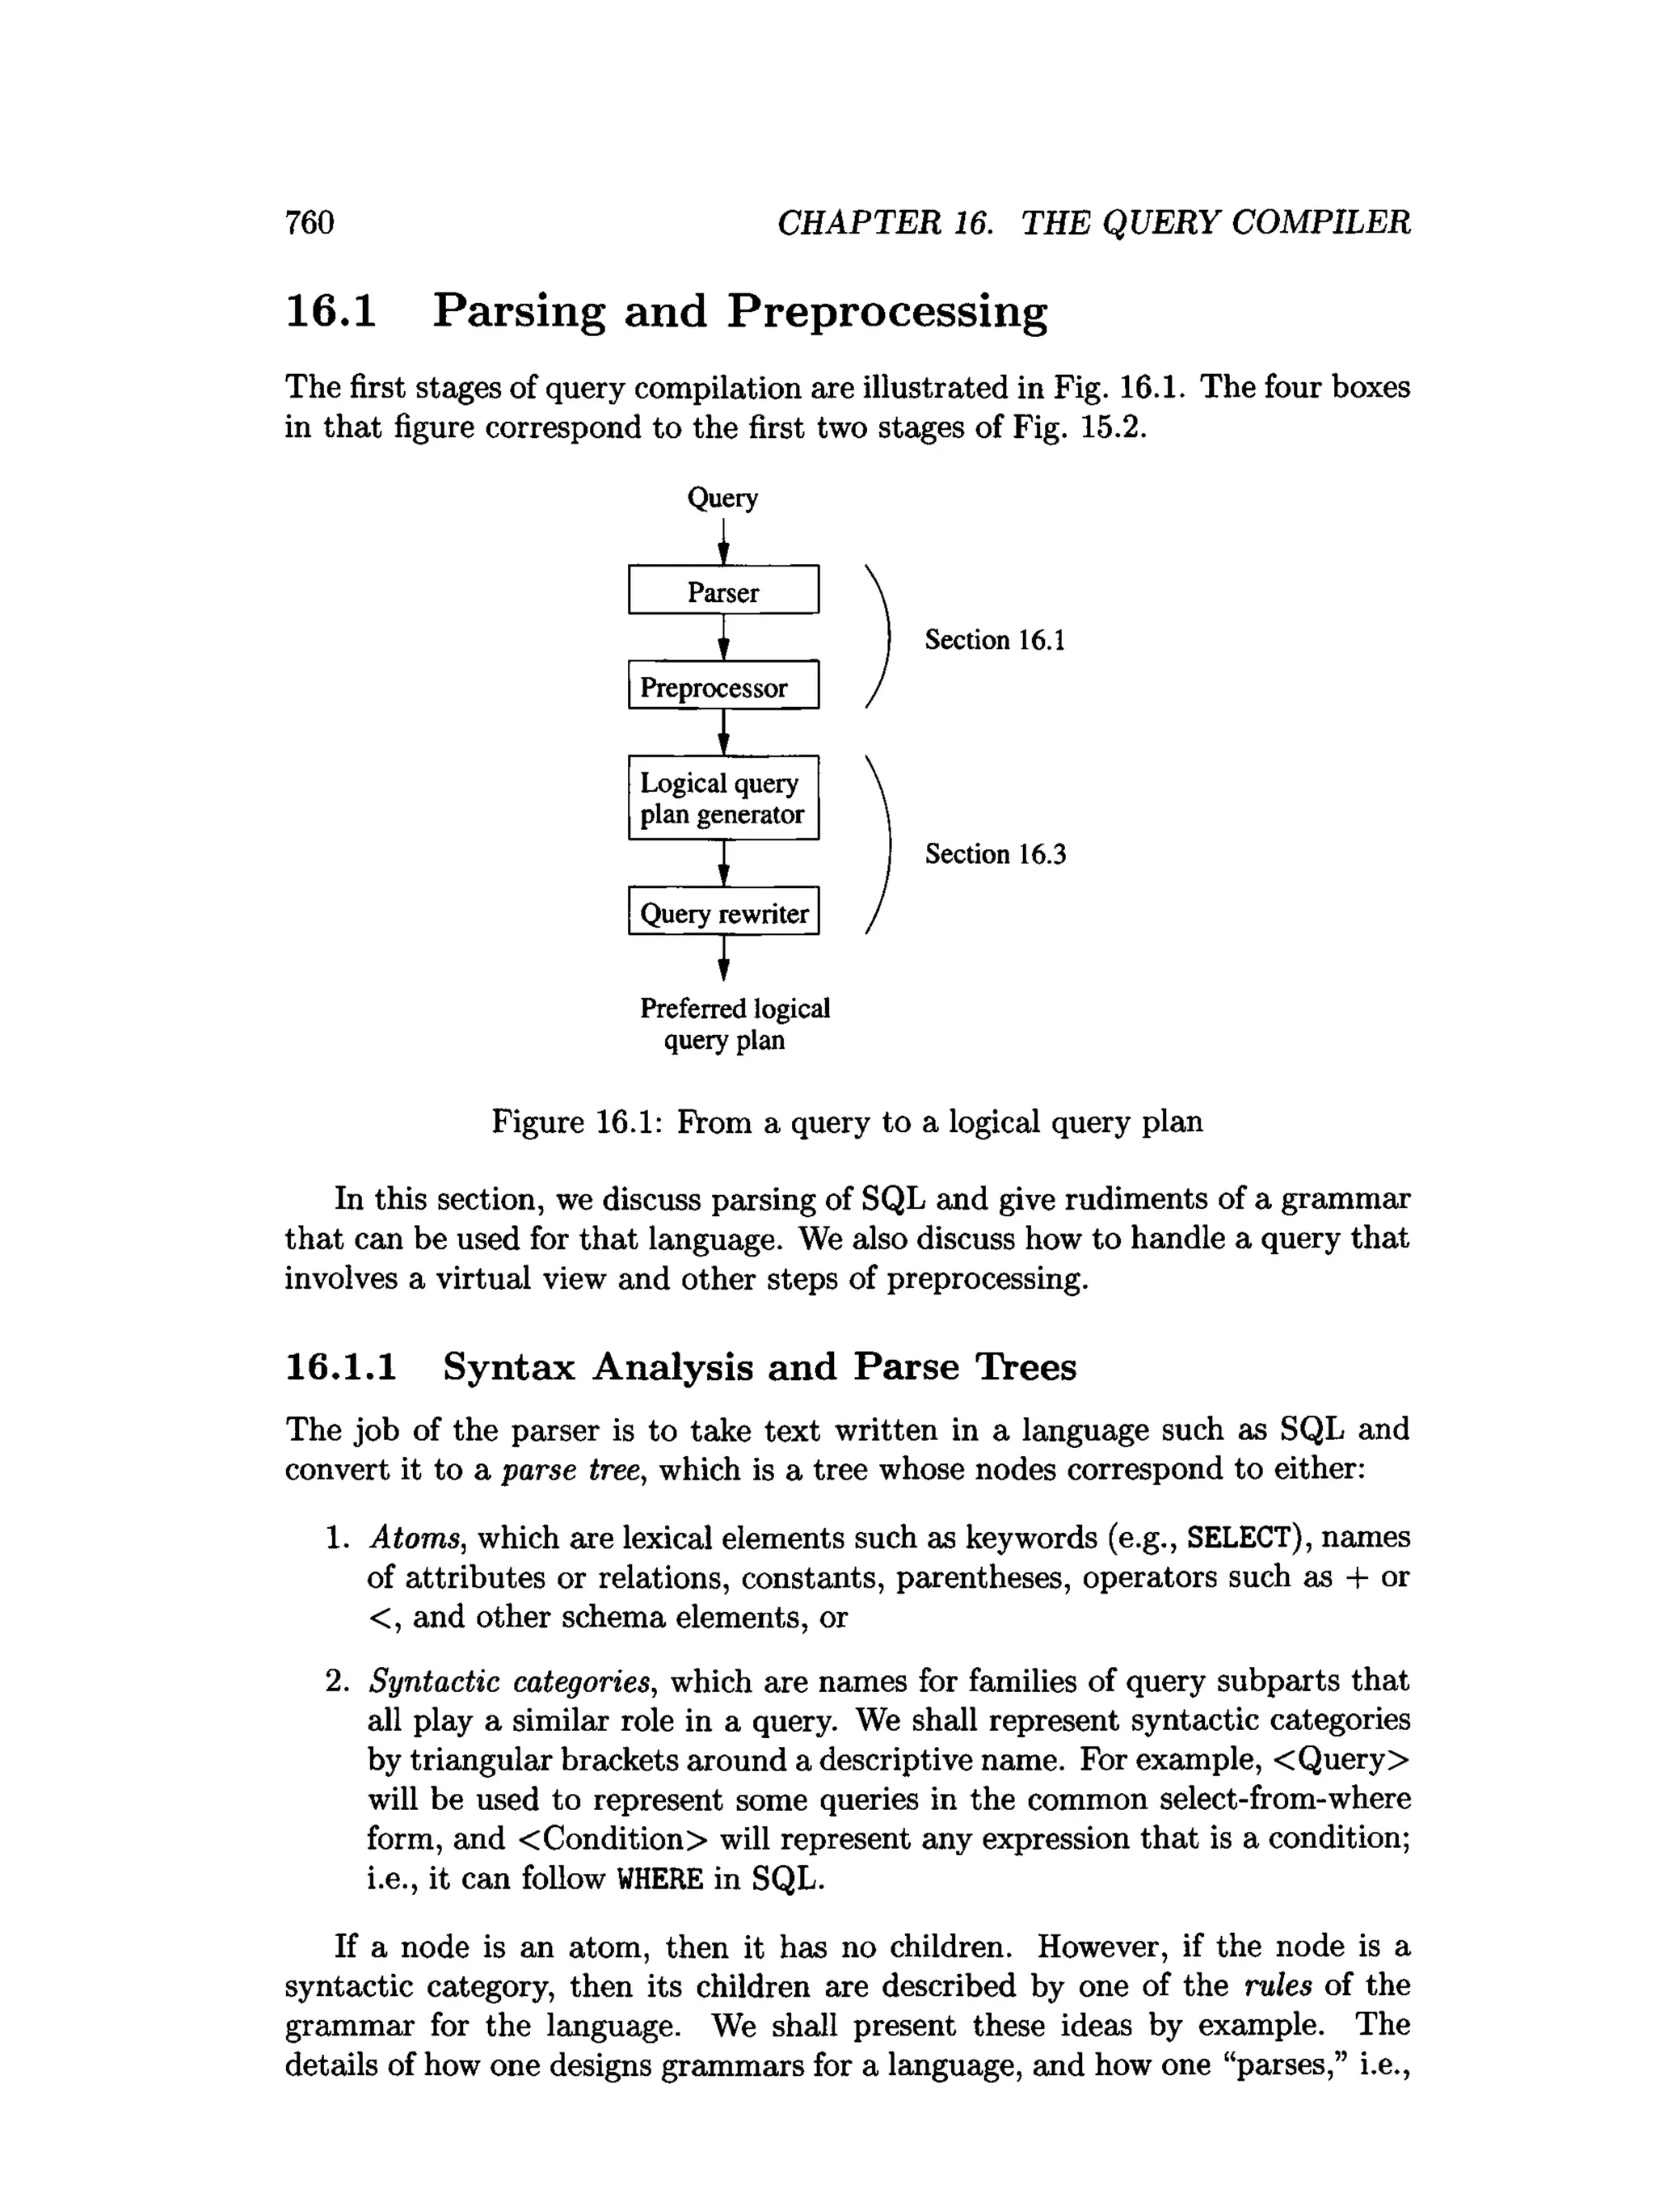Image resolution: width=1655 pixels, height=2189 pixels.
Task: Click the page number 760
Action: click(x=310, y=223)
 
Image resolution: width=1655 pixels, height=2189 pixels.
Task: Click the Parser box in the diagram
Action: click(x=723, y=591)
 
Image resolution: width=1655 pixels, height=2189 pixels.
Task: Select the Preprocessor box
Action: click(x=723, y=686)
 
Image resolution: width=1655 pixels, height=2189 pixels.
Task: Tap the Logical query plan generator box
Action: click(x=723, y=798)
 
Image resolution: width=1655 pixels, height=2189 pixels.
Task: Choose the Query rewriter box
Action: click(x=723, y=911)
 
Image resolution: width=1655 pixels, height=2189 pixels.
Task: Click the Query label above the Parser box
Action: click(x=722, y=498)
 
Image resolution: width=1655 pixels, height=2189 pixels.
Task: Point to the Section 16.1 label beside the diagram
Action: click(x=995, y=640)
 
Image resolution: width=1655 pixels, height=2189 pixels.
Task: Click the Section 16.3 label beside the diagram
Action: click(x=995, y=854)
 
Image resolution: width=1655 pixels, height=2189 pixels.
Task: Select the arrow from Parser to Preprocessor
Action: click(x=723, y=638)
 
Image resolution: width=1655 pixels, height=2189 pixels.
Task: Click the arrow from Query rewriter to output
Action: click(x=723, y=957)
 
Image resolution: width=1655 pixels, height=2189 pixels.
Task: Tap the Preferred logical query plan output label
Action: click(x=734, y=1025)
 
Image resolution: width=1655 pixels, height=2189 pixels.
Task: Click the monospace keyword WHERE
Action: click(x=659, y=1878)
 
